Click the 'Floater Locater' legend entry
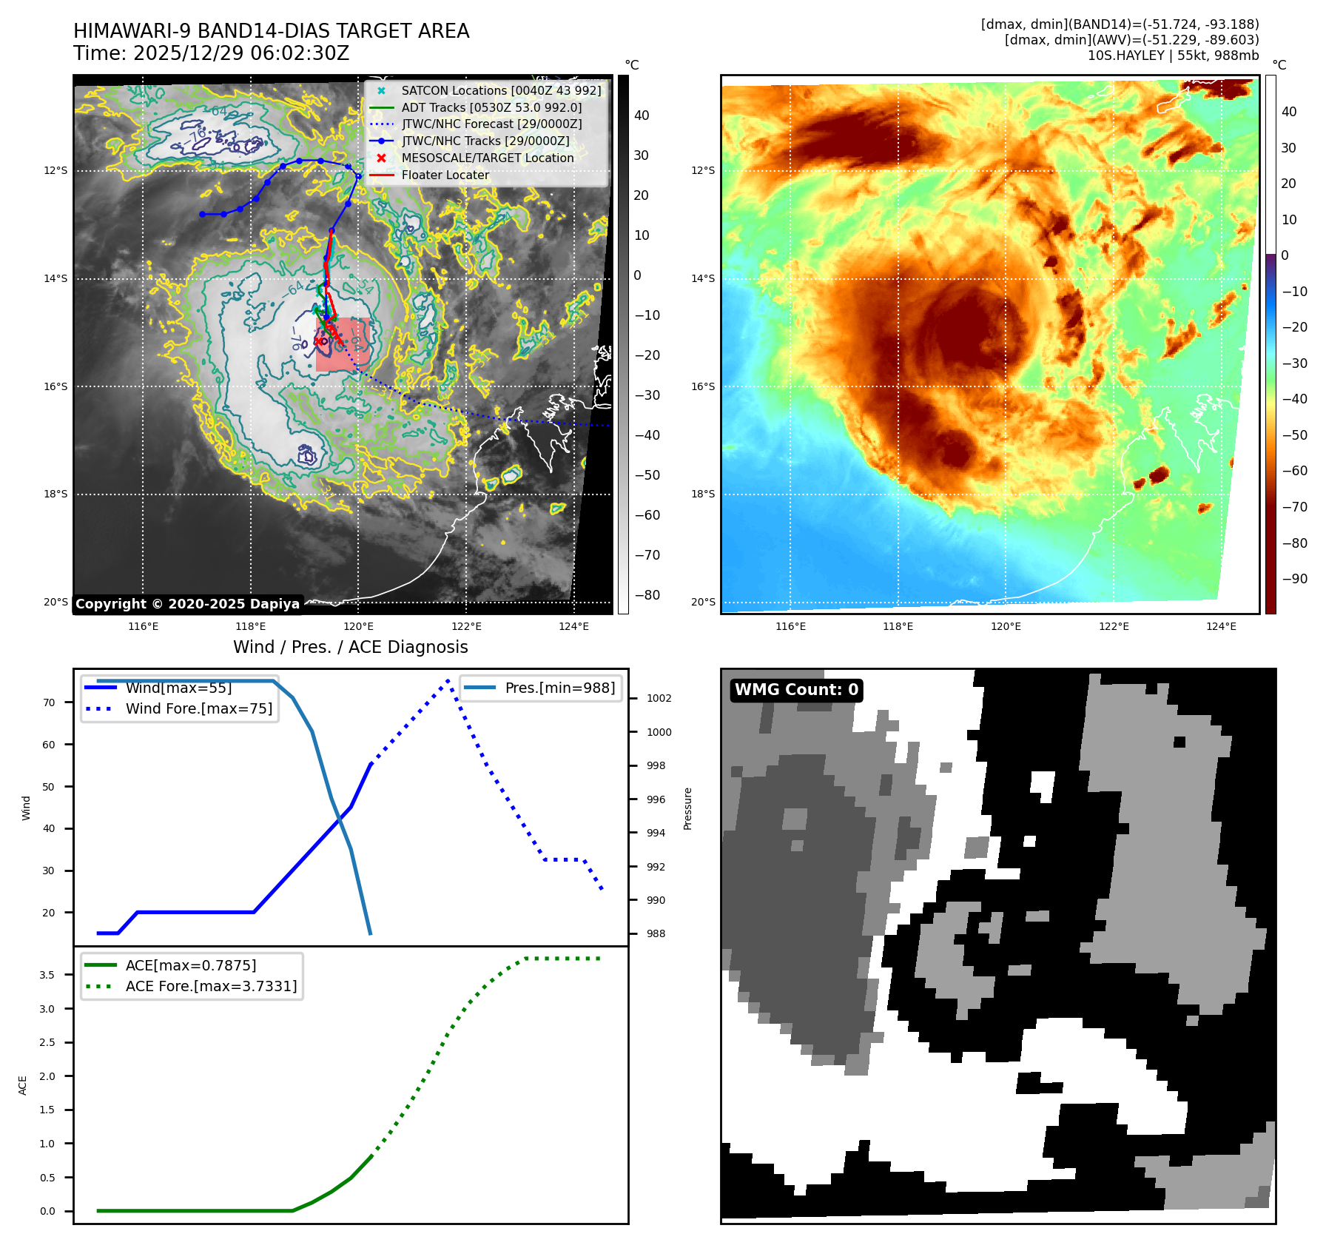point(445,175)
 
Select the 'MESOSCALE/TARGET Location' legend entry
point(487,158)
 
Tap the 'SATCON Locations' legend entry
point(501,91)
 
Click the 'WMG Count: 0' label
point(796,690)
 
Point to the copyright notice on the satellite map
point(187,604)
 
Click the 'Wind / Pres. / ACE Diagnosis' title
point(350,648)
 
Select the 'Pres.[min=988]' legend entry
point(559,688)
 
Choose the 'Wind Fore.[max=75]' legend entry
point(198,709)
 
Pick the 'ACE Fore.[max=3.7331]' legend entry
point(211,987)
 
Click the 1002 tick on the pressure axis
point(659,699)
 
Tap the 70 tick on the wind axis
point(49,702)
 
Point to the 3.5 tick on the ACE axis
point(47,975)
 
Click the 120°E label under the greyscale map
point(358,627)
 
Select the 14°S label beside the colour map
point(703,279)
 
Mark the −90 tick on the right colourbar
point(1294,579)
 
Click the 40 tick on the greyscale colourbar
point(642,115)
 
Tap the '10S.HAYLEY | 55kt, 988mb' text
point(1173,56)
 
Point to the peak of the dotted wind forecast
point(448,680)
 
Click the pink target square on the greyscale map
point(343,345)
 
